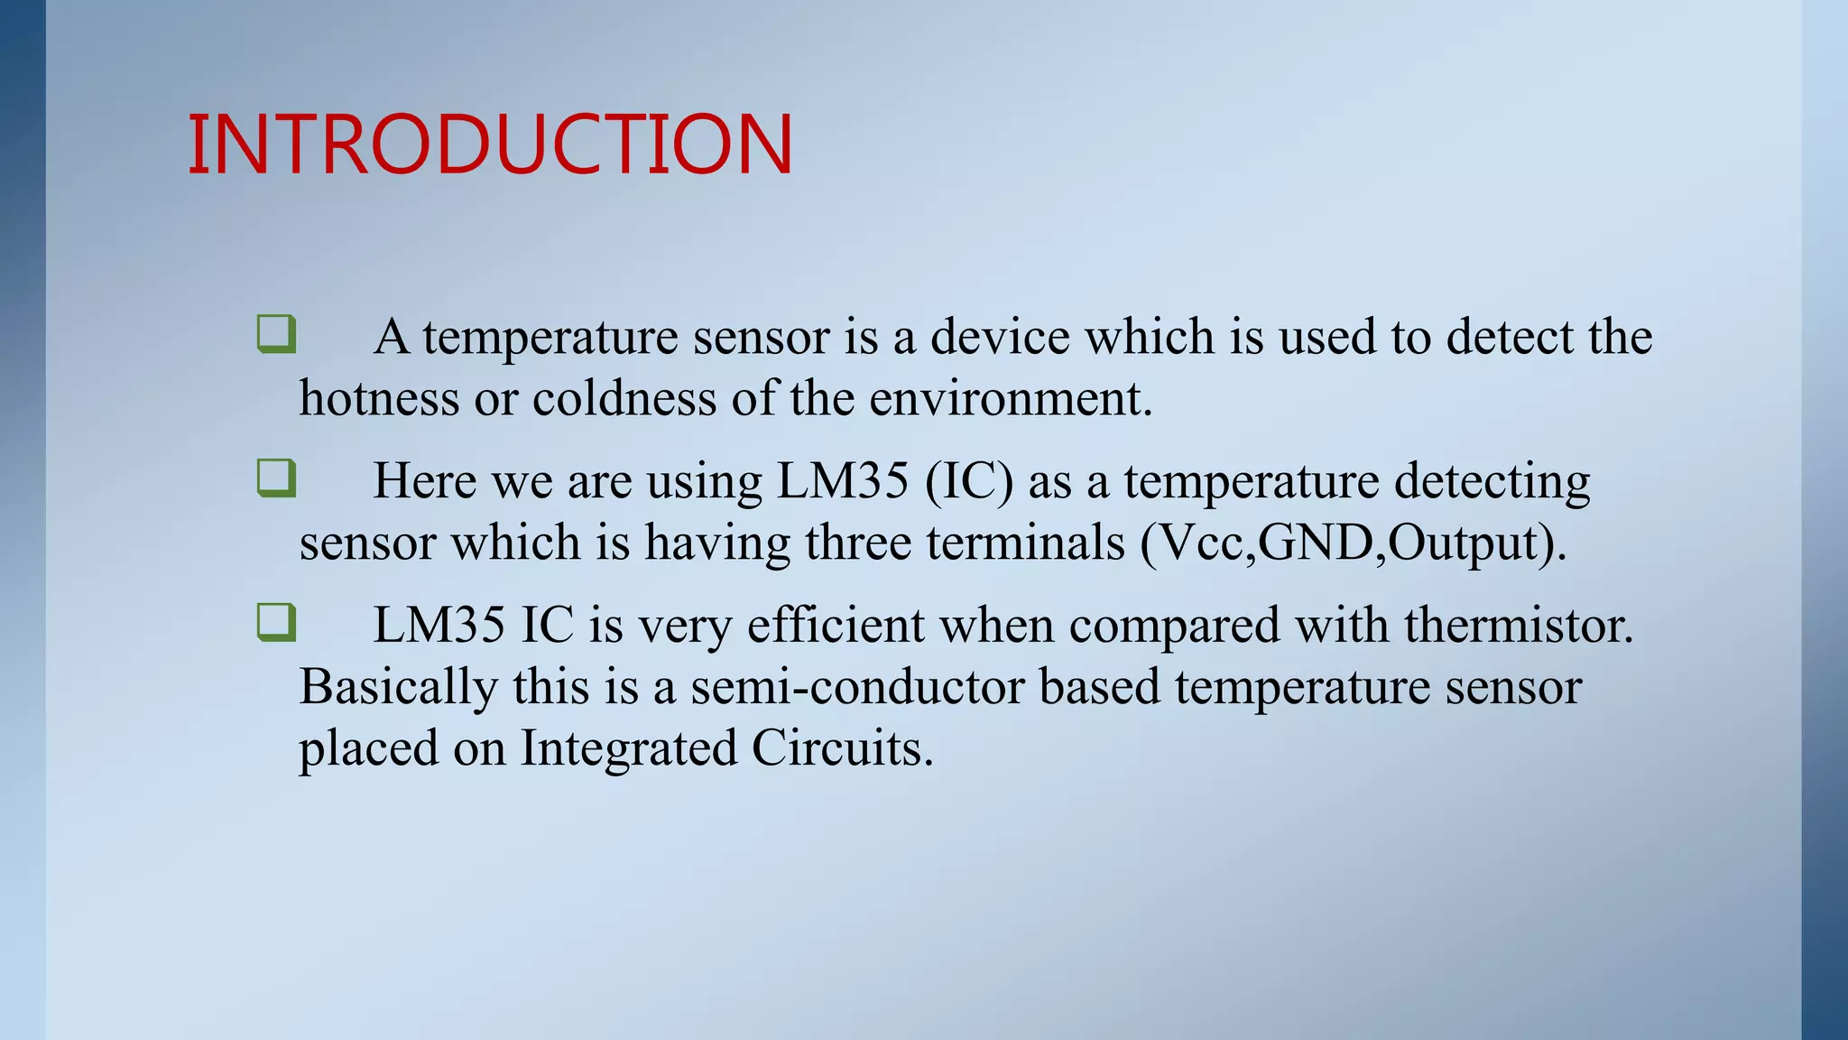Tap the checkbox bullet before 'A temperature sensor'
[276, 334]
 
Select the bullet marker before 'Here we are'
[276, 478]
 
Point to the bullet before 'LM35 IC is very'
[276, 623]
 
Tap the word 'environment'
[1010, 398]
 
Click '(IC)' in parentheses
[969, 481]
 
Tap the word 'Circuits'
[840, 748]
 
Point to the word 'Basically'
[398, 688]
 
